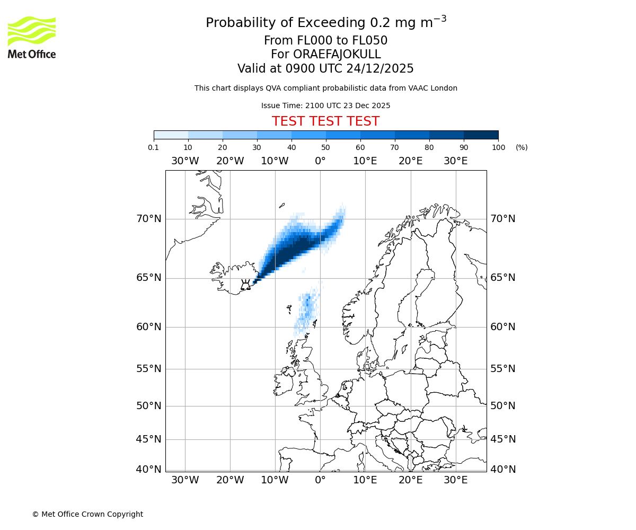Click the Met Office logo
(x=32, y=37)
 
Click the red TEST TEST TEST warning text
(x=325, y=121)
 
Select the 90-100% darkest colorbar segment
(x=481, y=135)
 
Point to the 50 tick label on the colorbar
(x=325, y=147)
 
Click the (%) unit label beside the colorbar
(x=522, y=147)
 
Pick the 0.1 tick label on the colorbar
(x=154, y=147)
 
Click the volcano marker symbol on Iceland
(x=245, y=285)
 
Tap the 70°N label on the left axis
(x=148, y=218)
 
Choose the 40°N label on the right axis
(x=502, y=469)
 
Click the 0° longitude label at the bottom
(x=320, y=480)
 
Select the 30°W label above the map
(x=185, y=161)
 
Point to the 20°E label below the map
(x=410, y=480)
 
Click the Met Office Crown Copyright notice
(x=87, y=514)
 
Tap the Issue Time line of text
(x=325, y=105)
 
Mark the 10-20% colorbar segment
(x=205, y=135)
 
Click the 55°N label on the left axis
(x=148, y=368)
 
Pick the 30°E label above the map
(x=455, y=161)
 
